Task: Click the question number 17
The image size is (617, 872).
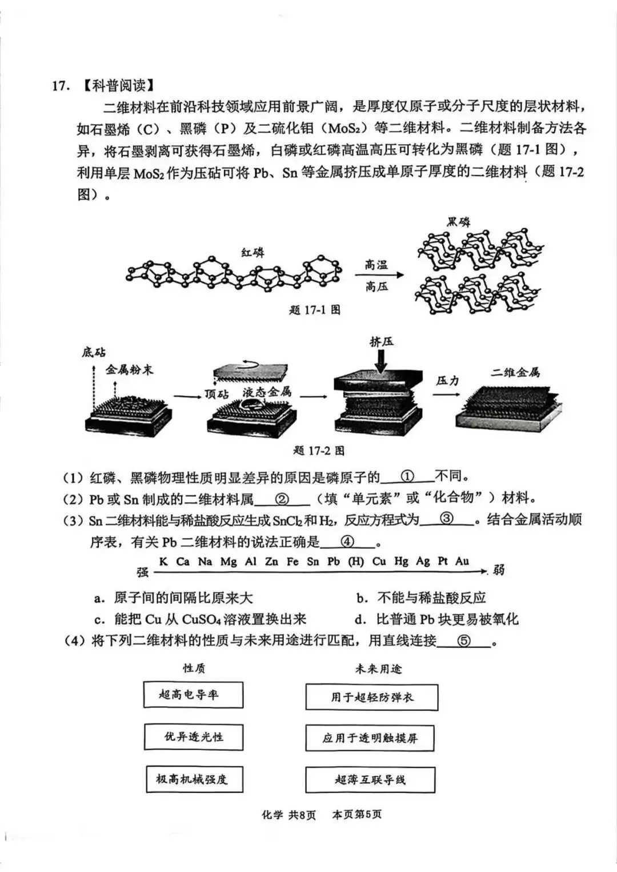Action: pyautogui.click(x=61, y=86)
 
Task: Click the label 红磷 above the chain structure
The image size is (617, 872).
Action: pyautogui.click(x=253, y=252)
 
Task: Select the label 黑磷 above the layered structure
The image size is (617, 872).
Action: pyautogui.click(x=459, y=222)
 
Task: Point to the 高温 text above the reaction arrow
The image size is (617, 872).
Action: pyautogui.click(x=376, y=265)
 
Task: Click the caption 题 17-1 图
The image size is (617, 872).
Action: pyautogui.click(x=315, y=310)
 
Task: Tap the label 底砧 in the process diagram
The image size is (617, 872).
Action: pyautogui.click(x=93, y=352)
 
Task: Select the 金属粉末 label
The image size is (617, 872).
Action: pyautogui.click(x=129, y=370)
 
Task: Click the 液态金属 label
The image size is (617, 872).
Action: pyautogui.click(x=267, y=392)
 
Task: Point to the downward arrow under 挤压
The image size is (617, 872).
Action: pyautogui.click(x=381, y=360)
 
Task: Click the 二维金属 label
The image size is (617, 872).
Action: pyautogui.click(x=515, y=373)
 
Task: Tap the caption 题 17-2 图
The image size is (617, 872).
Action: pyautogui.click(x=319, y=451)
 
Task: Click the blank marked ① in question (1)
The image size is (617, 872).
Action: pyautogui.click(x=407, y=476)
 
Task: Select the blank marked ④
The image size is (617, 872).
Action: pyautogui.click(x=347, y=541)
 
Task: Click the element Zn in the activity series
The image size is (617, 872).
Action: pyautogui.click(x=271, y=562)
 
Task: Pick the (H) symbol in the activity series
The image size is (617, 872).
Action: pyautogui.click(x=356, y=562)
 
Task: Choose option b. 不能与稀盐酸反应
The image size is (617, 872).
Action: pyautogui.click(x=421, y=598)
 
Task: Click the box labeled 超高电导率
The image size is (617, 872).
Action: pyautogui.click(x=193, y=695)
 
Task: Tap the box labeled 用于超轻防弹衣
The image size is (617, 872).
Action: pyautogui.click(x=371, y=697)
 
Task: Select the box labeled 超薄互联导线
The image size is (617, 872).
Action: pyautogui.click(x=370, y=780)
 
